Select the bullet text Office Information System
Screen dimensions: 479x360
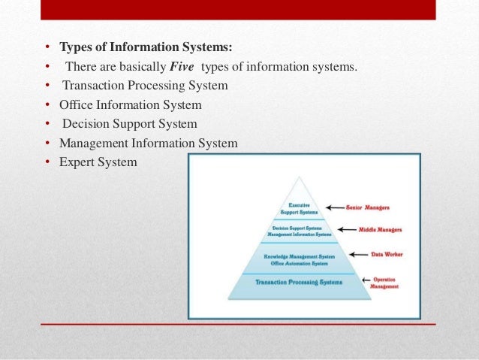tap(130, 104)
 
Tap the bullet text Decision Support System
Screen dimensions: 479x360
tap(129, 123)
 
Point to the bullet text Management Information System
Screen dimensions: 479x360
tap(149, 142)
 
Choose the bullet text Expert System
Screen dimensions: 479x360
tap(98, 161)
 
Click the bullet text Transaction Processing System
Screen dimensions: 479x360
tap(145, 86)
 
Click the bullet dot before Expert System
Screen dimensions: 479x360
tap(47, 161)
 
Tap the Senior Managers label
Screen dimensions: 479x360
tap(368, 207)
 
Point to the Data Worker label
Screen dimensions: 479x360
tap(387, 255)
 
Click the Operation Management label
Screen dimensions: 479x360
tap(385, 283)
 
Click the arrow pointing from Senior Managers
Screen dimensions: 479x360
tap(335, 207)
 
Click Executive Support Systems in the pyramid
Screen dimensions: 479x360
tap(299, 208)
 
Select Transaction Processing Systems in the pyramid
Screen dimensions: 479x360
tap(299, 283)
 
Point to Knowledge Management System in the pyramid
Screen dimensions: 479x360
tap(299, 256)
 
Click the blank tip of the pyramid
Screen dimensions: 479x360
tap(299, 188)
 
